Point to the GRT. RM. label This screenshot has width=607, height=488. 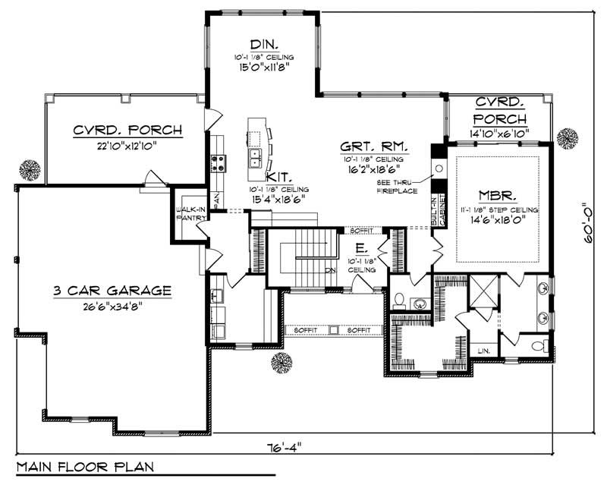374,146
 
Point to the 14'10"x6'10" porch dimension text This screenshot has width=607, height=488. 499,134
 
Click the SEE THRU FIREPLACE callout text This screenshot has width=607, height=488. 399,187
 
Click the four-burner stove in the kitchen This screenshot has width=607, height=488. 217,160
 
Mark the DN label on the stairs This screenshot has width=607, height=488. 330,270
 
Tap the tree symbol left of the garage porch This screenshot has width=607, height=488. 30,168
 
